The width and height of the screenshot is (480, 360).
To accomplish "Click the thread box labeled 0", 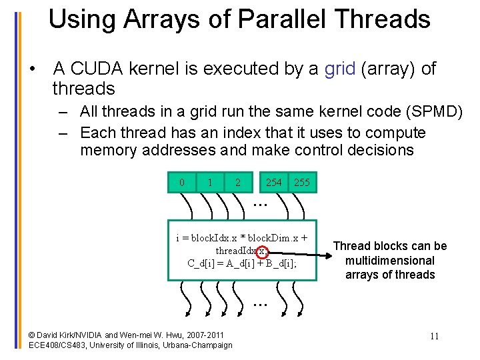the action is (182, 183).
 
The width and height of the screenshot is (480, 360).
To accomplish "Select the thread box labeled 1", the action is (210, 183).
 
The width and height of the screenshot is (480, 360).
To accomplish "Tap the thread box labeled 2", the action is (238, 183).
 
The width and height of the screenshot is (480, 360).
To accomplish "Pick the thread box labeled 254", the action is (273, 183).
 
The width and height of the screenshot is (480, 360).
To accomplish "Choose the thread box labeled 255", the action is (302, 183).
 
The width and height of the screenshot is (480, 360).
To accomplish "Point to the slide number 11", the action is (434, 335).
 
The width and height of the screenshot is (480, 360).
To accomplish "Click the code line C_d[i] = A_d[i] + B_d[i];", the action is (242, 263).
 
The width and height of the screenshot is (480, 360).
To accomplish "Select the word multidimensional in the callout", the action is (390, 261).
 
